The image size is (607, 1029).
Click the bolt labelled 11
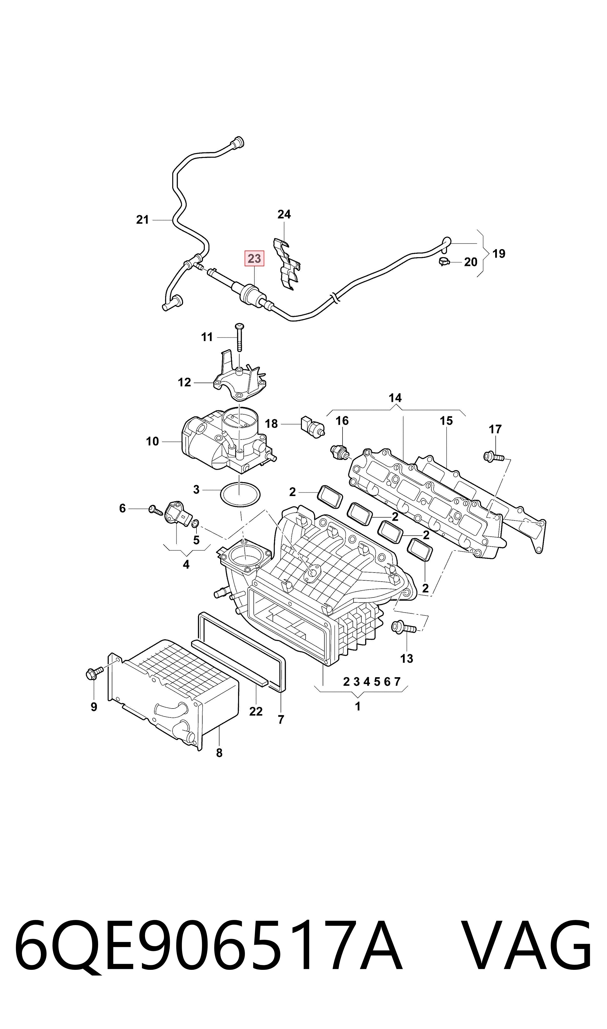coord(239,337)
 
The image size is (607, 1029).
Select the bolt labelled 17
coord(493,456)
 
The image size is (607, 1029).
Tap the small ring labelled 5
coord(195,523)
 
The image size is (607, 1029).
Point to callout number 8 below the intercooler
coord(219,753)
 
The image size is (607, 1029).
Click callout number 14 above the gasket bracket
coord(395,398)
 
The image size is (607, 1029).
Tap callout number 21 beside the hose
coord(142,220)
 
